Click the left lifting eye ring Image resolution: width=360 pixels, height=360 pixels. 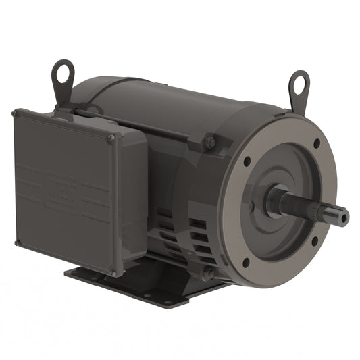click(x=63, y=71)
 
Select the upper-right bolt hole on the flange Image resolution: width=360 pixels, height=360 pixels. click(x=316, y=143)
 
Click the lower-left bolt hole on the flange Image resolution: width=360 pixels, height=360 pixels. click(x=245, y=262)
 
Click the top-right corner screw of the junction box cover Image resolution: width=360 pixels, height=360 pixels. click(x=112, y=138)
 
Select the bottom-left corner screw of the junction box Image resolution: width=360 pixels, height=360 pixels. click(x=16, y=242)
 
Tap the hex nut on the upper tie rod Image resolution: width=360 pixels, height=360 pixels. click(x=209, y=143)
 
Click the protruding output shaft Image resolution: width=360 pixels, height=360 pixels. click(x=311, y=206)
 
